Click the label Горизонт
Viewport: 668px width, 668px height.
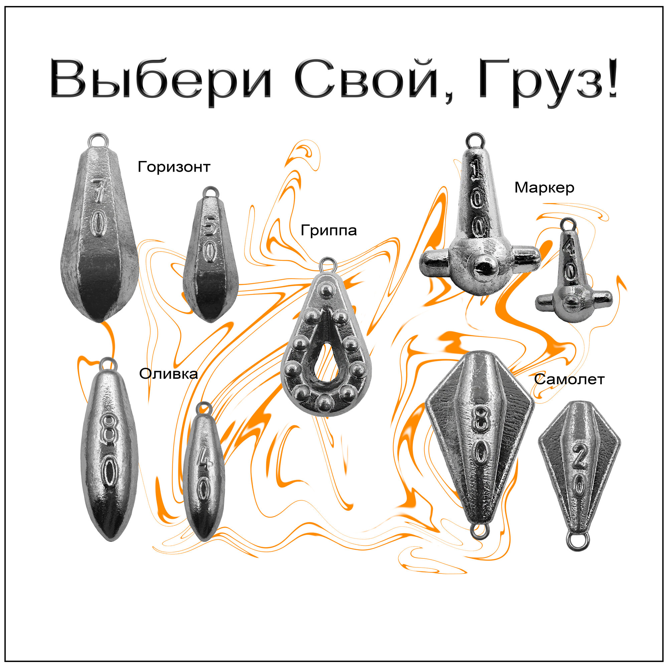[x=174, y=167]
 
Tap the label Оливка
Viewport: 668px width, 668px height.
[x=168, y=374]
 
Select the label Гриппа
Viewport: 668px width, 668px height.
[x=328, y=230]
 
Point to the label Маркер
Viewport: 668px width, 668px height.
[x=544, y=188]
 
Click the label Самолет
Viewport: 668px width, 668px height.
[x=569, y=380]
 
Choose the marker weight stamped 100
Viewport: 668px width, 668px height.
[x=479, y=225]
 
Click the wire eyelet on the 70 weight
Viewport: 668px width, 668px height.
[x=98, y=140]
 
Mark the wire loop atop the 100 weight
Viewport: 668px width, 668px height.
[x=475, y=140]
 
